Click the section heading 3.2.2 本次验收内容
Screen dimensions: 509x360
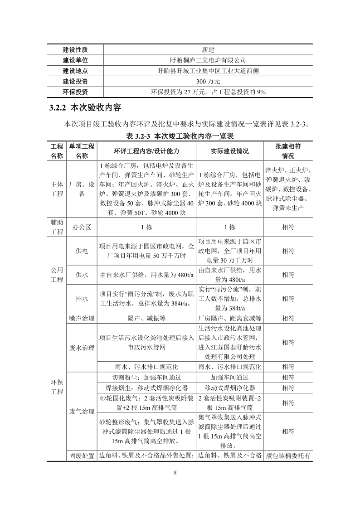(x=85, y=108)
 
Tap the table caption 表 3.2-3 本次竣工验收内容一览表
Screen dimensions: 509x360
(x=180, y=136)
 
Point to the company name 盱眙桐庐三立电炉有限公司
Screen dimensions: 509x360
(x=208, y=60)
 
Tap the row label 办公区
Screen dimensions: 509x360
(x=82, y=227)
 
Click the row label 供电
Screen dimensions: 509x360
(x=82, y=251)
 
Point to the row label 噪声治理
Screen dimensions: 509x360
(x=82, y=318)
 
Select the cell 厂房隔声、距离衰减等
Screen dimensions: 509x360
(x=229, y=318)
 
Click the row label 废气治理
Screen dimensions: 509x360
(x=82, y=411)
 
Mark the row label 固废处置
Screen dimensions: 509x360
(x=82, y=456)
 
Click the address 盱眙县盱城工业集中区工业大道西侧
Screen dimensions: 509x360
(x=208, y=71)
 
